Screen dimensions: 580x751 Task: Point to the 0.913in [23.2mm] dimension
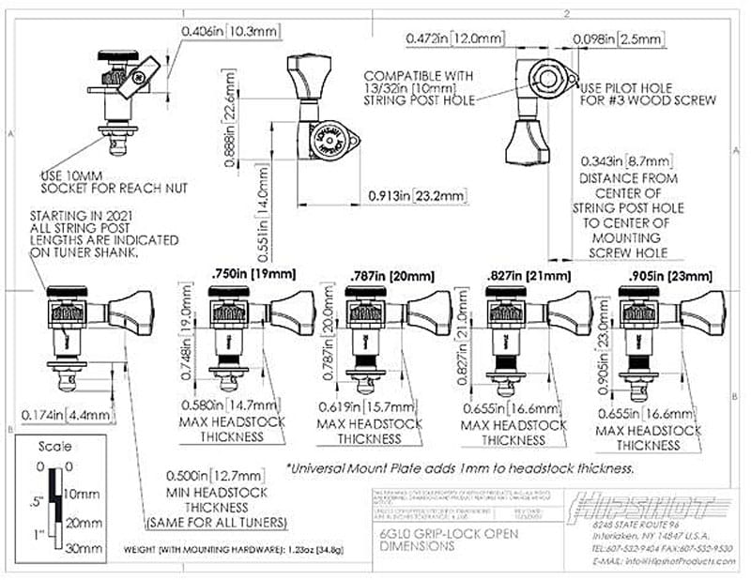415,196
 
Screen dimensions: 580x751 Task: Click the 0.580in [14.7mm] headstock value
226,405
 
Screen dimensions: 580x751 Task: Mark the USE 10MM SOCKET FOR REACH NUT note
114,181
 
